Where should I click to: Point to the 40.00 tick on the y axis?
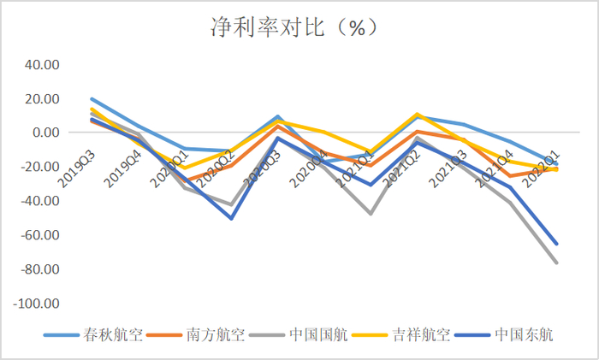point(41,64)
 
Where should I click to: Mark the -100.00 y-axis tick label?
point(37,304)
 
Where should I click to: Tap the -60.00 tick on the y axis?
point(39,235)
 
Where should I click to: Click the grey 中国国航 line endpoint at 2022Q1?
point(557,263)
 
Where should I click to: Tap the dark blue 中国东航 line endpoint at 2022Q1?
point(557,244)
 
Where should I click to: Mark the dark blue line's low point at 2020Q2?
point(231,218)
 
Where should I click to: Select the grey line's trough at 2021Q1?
point(371,213)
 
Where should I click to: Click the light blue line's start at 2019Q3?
point(92,99)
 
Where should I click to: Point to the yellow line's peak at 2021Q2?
point(418,114)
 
